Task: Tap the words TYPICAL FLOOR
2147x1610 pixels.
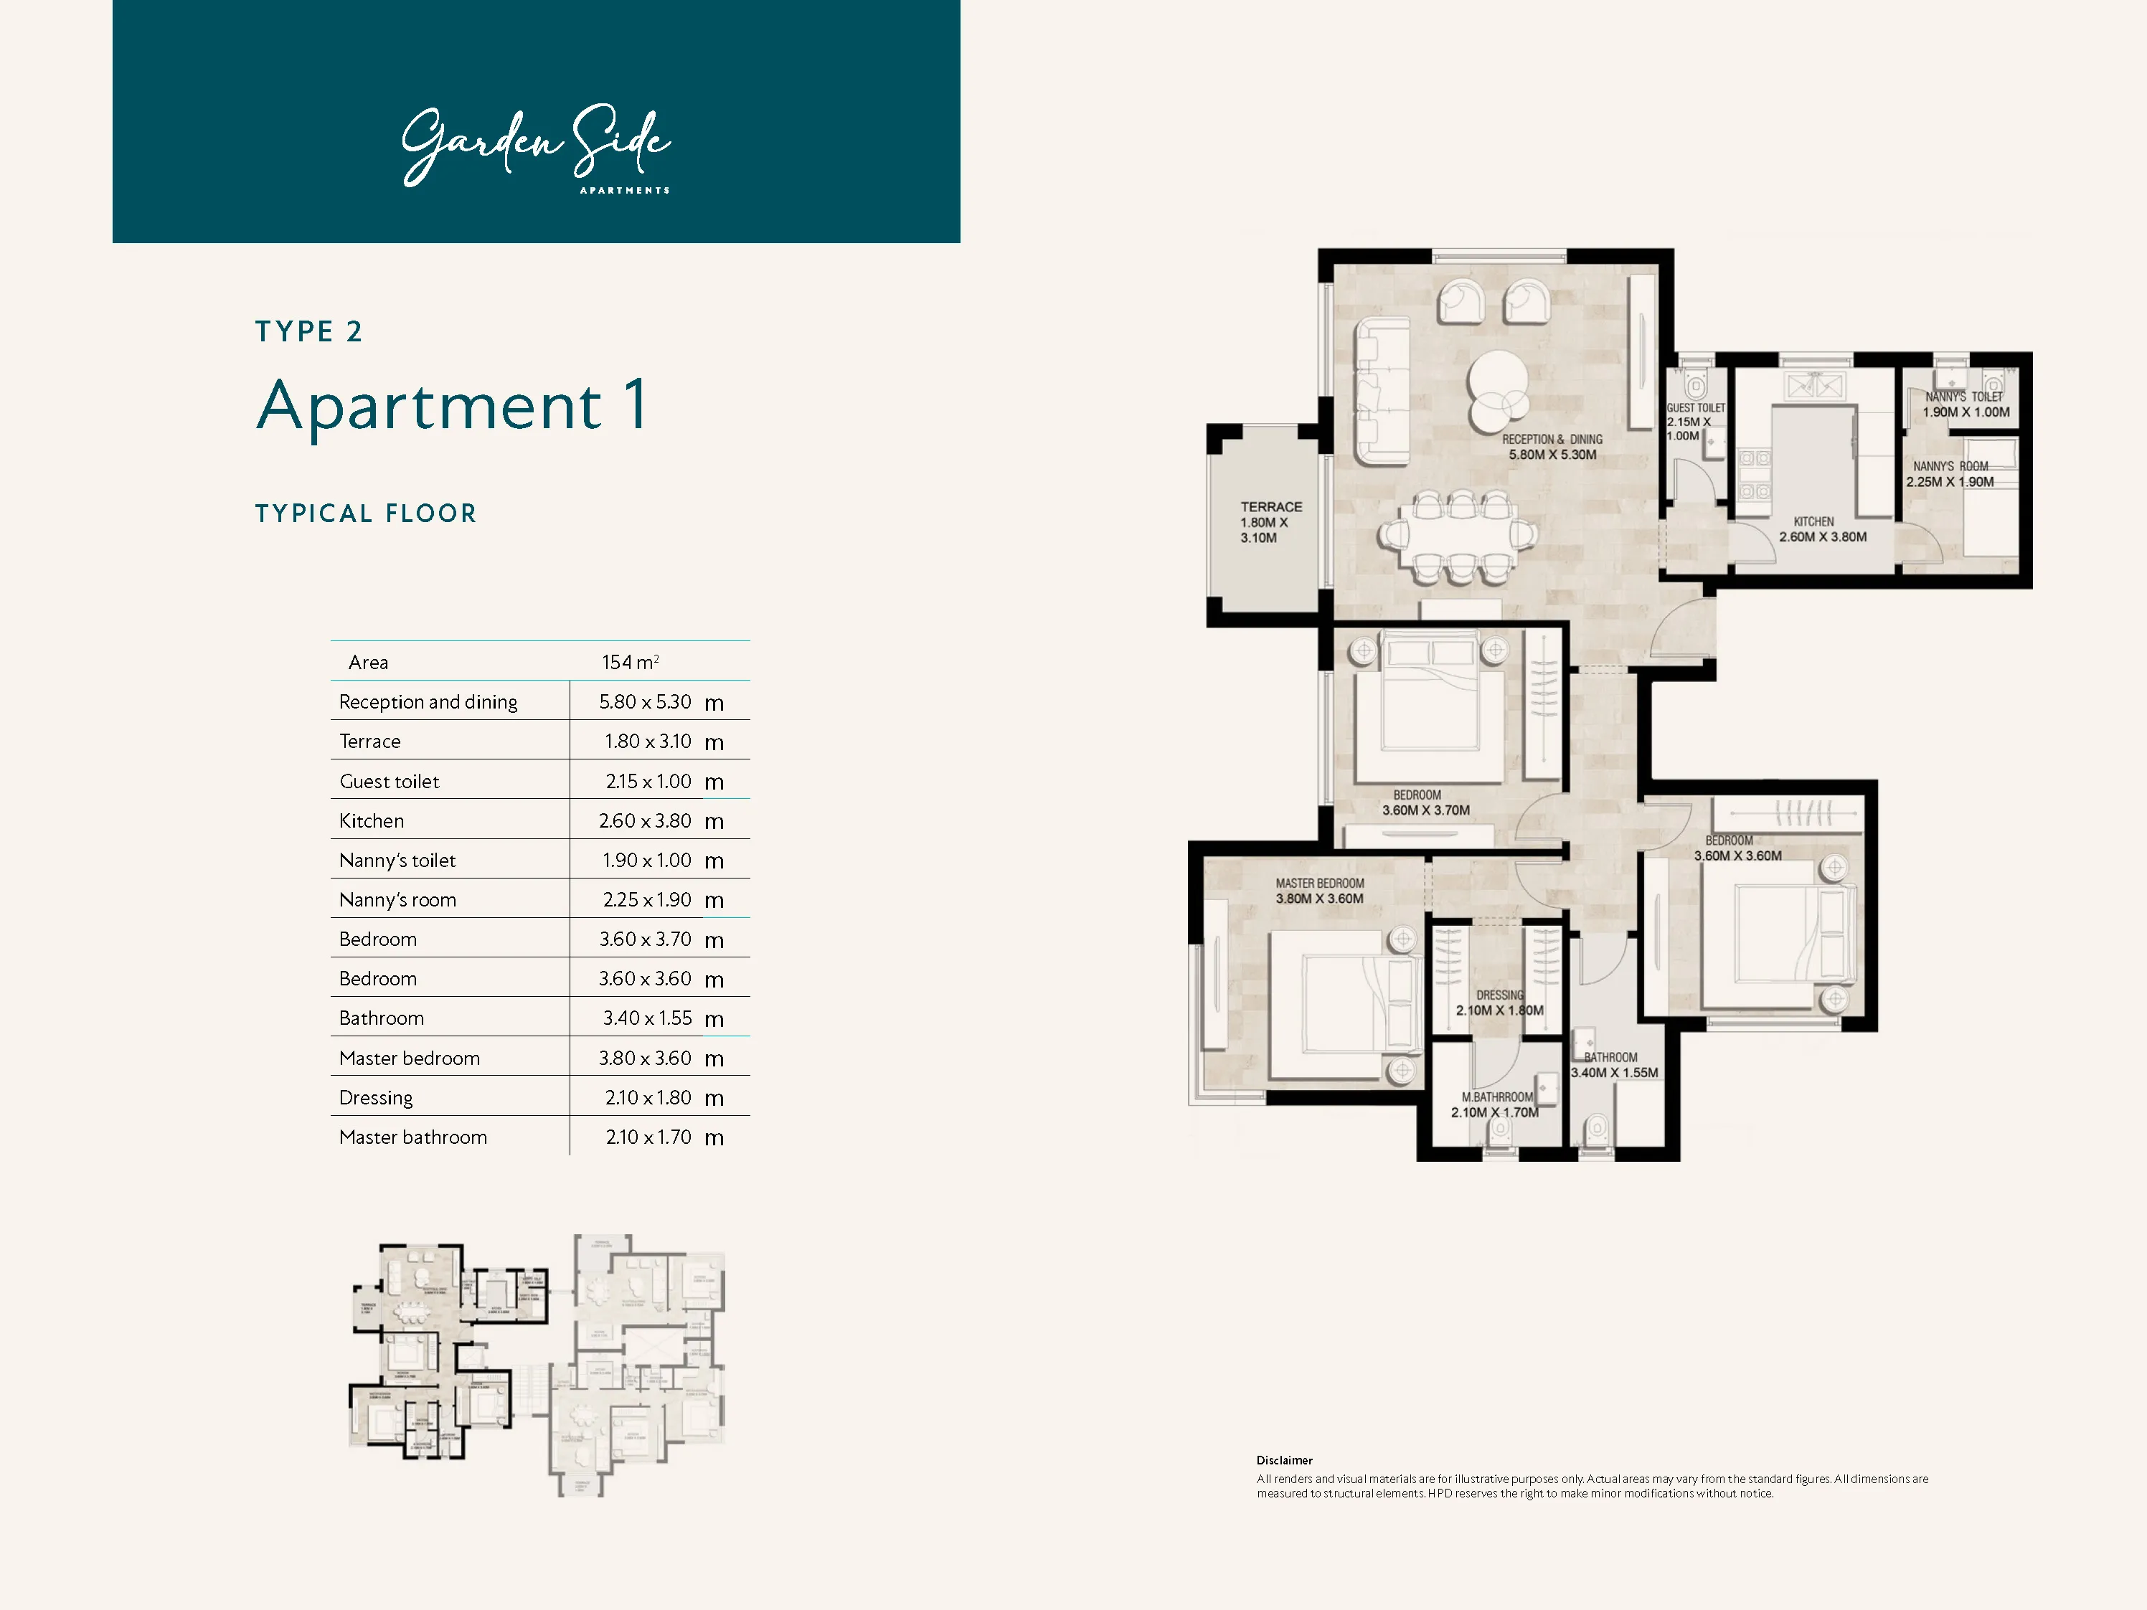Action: (366, 513)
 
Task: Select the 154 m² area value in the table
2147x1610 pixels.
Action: (630, 662)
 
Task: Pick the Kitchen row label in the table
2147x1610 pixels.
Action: (371, 821)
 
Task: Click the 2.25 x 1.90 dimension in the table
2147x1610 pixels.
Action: (646, 899)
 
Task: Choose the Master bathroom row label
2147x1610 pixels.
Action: (412, 1137)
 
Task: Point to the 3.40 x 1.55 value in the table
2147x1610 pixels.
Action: (646, 1018)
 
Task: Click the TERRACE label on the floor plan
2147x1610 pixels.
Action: (1270, 506)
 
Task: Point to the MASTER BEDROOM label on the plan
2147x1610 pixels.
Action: (1319, 883)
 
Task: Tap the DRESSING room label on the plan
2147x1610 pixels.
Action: (1499, 995)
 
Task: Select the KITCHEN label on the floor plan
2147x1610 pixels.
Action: (1813, 522)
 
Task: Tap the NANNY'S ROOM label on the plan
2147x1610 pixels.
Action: (1950, 467)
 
